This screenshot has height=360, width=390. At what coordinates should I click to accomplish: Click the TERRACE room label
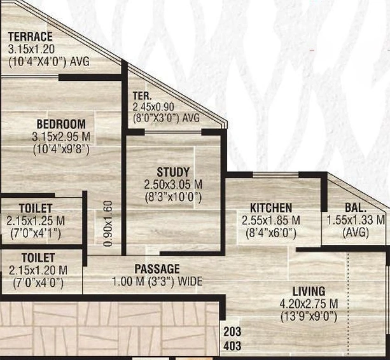click(31, 36)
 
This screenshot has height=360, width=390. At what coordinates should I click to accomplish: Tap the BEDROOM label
click(61, 124)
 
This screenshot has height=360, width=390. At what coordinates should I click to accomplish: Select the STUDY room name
click(173, 172)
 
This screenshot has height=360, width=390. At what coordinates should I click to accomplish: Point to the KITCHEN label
click(271, 208)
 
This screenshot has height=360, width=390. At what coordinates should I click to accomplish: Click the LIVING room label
click(309, 291)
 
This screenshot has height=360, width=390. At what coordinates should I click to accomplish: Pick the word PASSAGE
click(157, 269)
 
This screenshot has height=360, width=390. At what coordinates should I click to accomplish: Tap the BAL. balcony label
click(356, 208)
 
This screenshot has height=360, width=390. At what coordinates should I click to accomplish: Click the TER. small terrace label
click(142, 95)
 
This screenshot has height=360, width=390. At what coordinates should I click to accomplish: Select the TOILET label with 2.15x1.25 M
click(36, 209)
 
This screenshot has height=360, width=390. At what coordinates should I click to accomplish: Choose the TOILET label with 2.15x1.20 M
click(38, 258)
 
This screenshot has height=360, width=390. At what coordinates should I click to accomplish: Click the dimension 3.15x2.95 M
click(61, 137)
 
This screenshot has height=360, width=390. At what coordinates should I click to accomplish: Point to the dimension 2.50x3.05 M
click(173, 184)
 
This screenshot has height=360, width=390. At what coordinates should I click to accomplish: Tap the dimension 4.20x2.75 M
click(309, 304)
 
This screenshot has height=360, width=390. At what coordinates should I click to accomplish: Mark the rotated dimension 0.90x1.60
click(108, 224)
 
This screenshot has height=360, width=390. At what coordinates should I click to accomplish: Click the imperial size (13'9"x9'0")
click(309, 317)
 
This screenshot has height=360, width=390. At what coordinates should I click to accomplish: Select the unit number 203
click(232, 331)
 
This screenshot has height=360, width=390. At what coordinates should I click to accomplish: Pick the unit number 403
click(232, 346)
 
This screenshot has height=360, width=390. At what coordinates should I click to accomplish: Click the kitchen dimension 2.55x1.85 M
click(271, 221)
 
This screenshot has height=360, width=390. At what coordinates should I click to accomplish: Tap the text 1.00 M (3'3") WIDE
click(157, 282)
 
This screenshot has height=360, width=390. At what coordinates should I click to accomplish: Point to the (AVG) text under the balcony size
click(356, 233)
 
